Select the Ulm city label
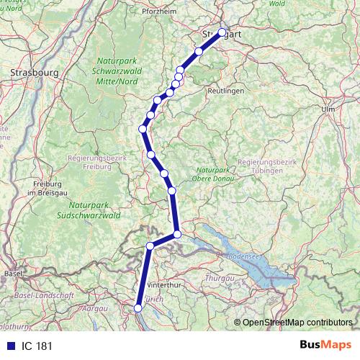point(330,109)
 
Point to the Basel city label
point(13,274)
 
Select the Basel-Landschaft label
point(44,295)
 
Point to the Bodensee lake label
point(242,256)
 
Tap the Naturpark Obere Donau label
point(212,174)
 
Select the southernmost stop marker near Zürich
point(138,307)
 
